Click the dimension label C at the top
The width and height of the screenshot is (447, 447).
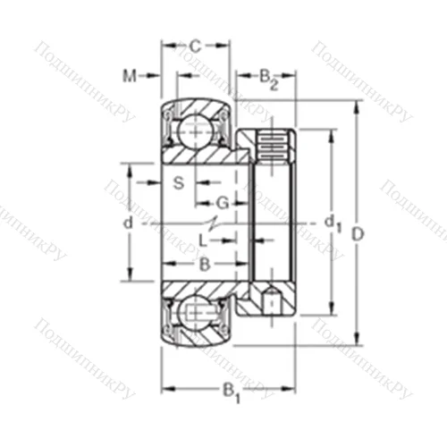click(x=196, y=46)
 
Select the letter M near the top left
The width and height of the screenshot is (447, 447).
click(x=130, y=76)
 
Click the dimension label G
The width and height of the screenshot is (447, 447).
click(x=223, y=203)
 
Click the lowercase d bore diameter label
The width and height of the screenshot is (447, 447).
click(x=128, y=222)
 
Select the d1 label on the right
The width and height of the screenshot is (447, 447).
click(x=332, y=222)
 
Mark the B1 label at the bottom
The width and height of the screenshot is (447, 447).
click(x=231, y=390)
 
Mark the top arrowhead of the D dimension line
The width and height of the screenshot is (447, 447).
click(x=356, y=106)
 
